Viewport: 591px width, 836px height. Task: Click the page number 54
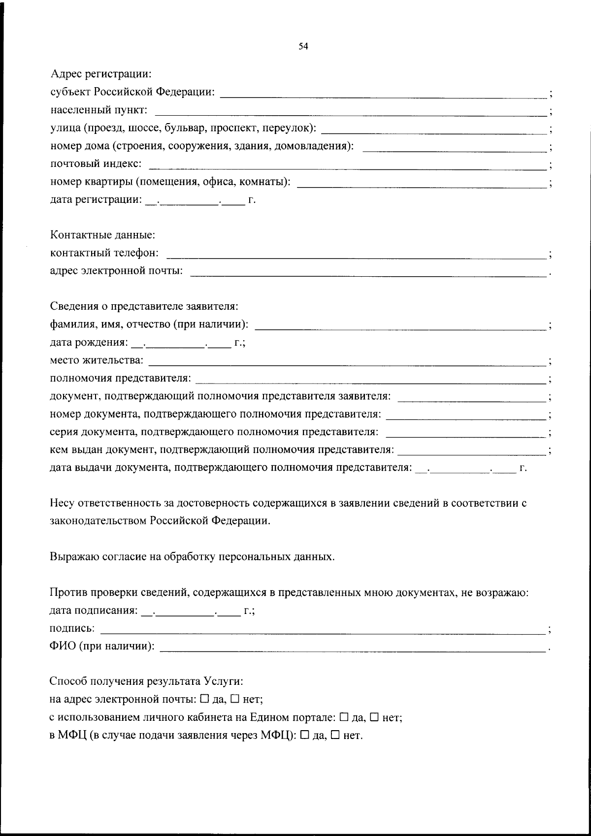tap(303, 46)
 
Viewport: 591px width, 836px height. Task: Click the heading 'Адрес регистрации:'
tap(101, 74)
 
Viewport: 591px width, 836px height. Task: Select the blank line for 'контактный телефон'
tap(357, 257)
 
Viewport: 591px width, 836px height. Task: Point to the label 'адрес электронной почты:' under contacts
tap(117, 271)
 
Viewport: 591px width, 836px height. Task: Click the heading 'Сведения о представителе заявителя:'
tap(144, 306)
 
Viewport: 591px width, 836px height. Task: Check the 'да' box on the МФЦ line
tap(305, 736)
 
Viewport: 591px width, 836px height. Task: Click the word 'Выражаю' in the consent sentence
tap(72, 557)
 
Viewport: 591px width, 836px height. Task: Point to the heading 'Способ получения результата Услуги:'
tap(146, 681)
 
